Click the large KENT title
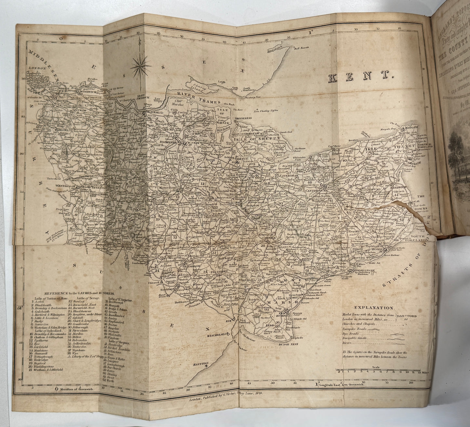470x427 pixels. coord(361,77)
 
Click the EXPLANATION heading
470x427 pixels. coord(374,308)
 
